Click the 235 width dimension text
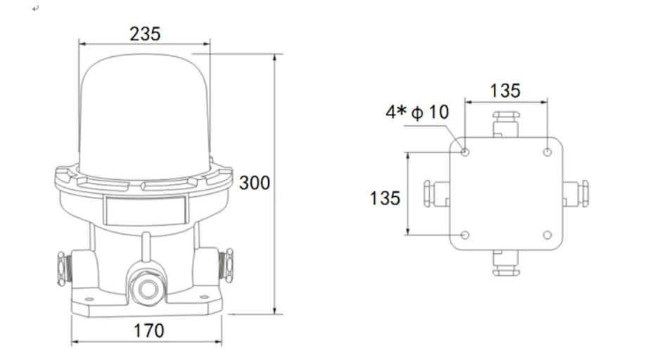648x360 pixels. (145, 33)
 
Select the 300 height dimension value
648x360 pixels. (254, 183)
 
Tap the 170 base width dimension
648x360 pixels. (148, 330)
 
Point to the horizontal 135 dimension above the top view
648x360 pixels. (504, 90)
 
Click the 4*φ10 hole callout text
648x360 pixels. (417, 112)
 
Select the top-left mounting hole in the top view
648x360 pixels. (464, 152)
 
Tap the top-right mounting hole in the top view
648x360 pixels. (547, 152)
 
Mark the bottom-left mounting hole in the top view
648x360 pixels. (464, 235)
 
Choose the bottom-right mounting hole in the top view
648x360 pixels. (547, 235)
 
